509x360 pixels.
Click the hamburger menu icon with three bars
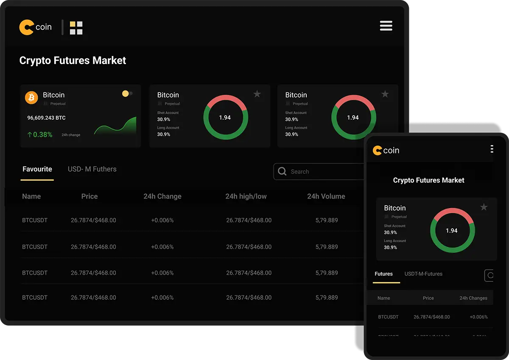tap(386, 26)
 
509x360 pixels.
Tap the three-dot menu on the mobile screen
tap(492, 149)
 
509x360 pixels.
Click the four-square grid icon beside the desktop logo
tap(76, 28)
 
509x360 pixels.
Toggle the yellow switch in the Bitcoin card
tap(127, 94)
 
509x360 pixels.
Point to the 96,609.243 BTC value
tap(46, 118)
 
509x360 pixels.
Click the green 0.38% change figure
tap(40, 135)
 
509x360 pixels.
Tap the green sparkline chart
tap(115, 126)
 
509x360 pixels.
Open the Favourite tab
tap(37, 169)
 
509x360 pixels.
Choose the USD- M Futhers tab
tap(92, 169)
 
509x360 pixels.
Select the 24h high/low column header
tap(246, 196)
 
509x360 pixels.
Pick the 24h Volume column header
tap(326, 196)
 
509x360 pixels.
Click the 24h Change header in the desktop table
tap(162, 196)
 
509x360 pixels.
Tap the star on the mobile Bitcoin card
tap(484, 207)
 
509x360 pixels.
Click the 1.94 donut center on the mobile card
tap(452, 231)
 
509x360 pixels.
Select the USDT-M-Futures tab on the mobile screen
tap(423, 274)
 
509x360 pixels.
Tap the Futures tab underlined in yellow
tap(384, 274)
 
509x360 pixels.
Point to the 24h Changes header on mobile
tap(473, 298)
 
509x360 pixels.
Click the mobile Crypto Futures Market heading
tap(428, 180)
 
